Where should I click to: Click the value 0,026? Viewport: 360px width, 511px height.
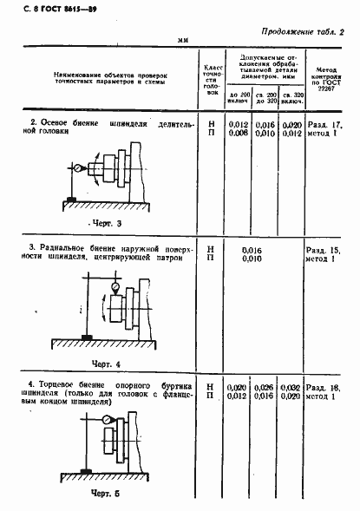265,387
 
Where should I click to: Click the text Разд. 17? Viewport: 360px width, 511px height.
326,125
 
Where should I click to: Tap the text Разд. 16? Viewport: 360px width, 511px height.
326,387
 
